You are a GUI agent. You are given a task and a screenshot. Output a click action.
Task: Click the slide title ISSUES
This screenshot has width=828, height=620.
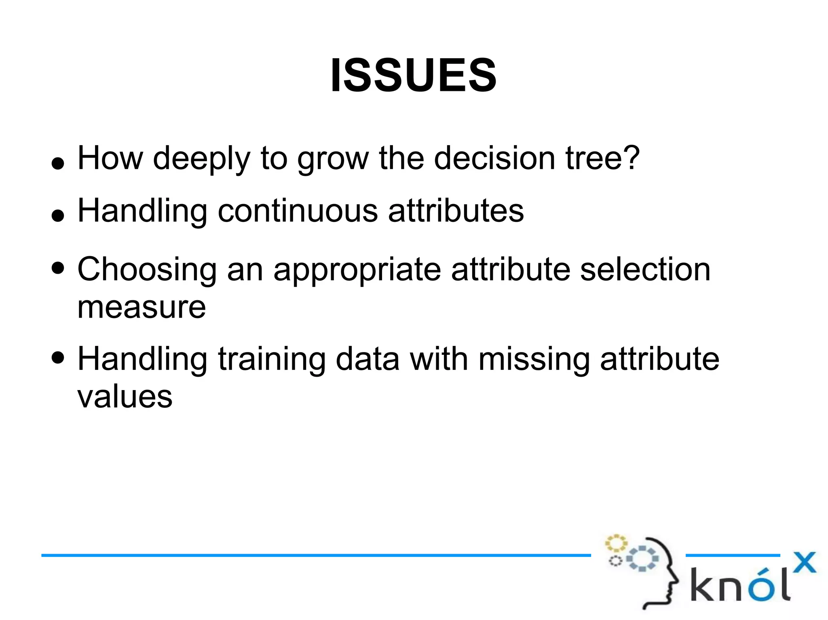[x=413, y=76]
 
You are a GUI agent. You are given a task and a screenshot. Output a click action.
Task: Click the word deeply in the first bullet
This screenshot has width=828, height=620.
[x=201, y=158]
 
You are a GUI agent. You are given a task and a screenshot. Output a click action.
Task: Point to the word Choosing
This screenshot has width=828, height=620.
[x=147, y=270]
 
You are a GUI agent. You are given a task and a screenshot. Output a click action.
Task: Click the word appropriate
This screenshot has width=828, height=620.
[x=357, y=270]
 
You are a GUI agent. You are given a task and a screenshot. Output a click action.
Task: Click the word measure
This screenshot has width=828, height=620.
[x=142, y=307]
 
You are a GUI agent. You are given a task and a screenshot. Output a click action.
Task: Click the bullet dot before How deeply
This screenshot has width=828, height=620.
[x=58, y=163]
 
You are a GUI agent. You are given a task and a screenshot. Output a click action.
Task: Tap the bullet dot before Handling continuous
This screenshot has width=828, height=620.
[x=58, y=216]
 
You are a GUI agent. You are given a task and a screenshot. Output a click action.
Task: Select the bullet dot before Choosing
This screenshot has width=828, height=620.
[x=58, y=268]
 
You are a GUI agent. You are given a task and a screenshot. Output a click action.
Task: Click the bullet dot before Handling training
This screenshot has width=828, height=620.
[x=58, y=357]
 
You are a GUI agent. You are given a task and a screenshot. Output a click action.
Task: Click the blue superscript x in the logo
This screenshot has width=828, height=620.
[x=804, y=562]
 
